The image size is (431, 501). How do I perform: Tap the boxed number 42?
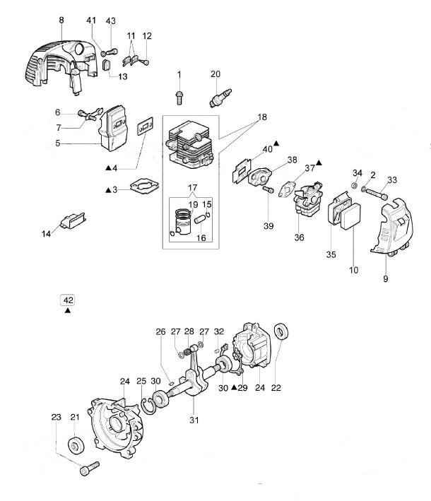coord(68,300)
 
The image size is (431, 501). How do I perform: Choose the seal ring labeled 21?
coord(74,447)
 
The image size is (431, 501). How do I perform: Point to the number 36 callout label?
coord(299,238)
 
